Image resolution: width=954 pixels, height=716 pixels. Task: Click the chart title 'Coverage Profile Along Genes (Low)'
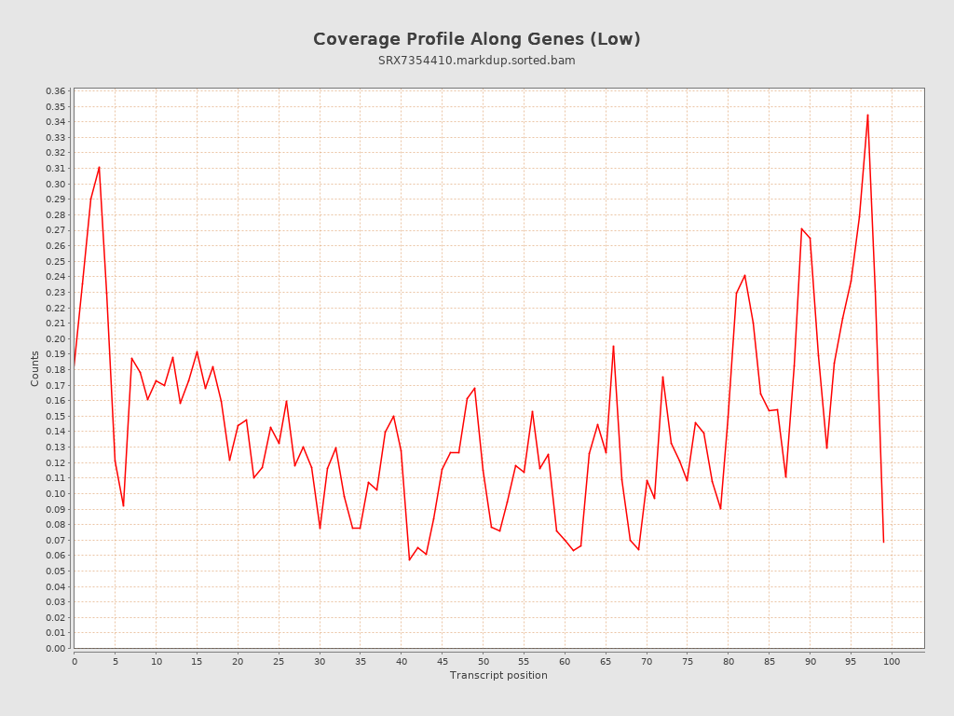[476, 39]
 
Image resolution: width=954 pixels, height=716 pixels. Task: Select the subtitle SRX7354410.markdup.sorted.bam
[476, 61]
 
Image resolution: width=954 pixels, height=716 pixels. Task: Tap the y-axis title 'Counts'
[35, 368]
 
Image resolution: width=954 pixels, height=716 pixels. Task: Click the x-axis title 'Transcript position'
[498, 675]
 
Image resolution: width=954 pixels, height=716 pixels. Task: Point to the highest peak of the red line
[867, 115]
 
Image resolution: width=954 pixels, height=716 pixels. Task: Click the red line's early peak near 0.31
[99, 167]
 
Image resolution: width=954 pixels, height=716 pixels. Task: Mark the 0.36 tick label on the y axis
[55, 90]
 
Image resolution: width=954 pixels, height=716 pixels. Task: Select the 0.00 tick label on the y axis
[55, 648]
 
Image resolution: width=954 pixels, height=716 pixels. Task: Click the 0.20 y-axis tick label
[55, 338]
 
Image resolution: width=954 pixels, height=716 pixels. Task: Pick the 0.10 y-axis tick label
[55, 493]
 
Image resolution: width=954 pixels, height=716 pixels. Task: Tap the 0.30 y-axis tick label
[55, 184]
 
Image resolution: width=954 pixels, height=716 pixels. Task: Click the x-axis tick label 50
[483, 661]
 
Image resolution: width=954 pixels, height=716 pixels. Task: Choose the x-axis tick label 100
[892, 661]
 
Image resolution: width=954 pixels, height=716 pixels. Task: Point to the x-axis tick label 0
[75, 661]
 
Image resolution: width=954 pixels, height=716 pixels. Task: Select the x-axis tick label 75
[688, 661]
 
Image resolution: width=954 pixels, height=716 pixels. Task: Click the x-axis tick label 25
[279, 661]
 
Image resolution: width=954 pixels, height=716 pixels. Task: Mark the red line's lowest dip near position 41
[409, 559]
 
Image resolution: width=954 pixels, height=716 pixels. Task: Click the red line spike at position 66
[613, 346]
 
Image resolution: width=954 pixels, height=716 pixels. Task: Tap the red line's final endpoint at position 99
[883, 542]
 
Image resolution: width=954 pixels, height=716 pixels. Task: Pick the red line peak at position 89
[801, 228]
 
